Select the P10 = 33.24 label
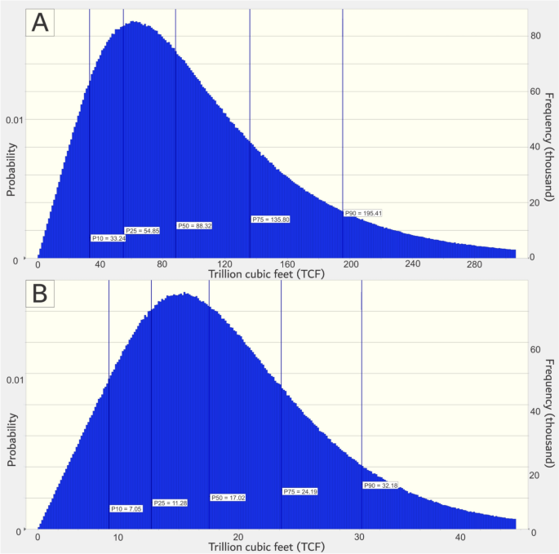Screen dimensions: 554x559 point(108,238)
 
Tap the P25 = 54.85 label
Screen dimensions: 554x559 point(142,231)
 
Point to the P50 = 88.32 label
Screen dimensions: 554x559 point(194,225)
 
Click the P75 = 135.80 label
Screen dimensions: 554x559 point(270,219)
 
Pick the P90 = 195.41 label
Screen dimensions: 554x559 point(363,213)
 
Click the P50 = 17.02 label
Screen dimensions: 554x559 point(228,497)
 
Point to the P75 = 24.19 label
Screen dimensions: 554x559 point(300,491)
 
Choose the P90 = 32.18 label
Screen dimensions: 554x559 point(380,485)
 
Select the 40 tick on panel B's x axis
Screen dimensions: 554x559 point(460,537)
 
